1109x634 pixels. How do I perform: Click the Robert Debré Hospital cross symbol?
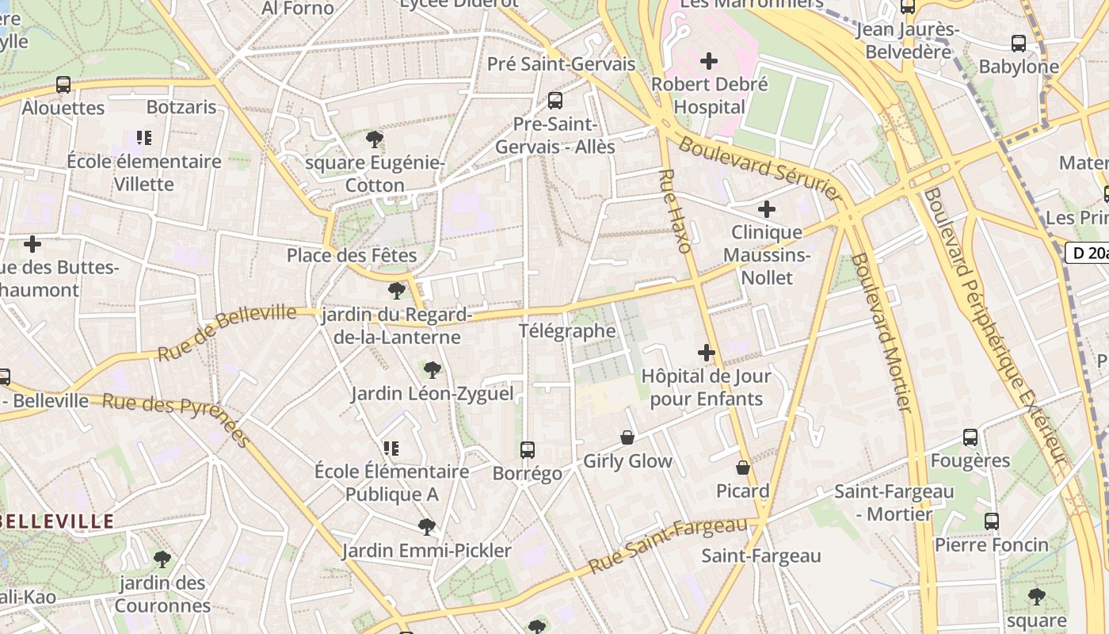709,61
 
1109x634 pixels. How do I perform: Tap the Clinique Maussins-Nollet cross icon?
766,209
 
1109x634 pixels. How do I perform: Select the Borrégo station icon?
528,450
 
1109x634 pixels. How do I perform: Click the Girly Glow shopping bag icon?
627,437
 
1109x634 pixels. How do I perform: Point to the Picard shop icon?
743,468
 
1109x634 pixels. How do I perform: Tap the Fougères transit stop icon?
970,437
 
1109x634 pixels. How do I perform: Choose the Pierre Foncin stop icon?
991,521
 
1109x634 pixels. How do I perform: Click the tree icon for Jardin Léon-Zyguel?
433,369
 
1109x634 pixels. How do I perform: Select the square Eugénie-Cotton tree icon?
375,140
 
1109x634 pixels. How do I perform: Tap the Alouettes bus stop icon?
63,85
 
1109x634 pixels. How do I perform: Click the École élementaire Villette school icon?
144,139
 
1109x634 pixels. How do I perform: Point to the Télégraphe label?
567,330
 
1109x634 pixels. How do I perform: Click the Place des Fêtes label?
352,255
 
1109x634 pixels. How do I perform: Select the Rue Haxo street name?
676,211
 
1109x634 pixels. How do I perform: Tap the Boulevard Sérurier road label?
759,168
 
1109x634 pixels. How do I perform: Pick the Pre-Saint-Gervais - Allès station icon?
555,101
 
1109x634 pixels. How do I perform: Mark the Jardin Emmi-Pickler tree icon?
427,527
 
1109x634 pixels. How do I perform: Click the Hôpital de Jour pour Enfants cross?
707,353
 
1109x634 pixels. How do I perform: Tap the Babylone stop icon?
1019,44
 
